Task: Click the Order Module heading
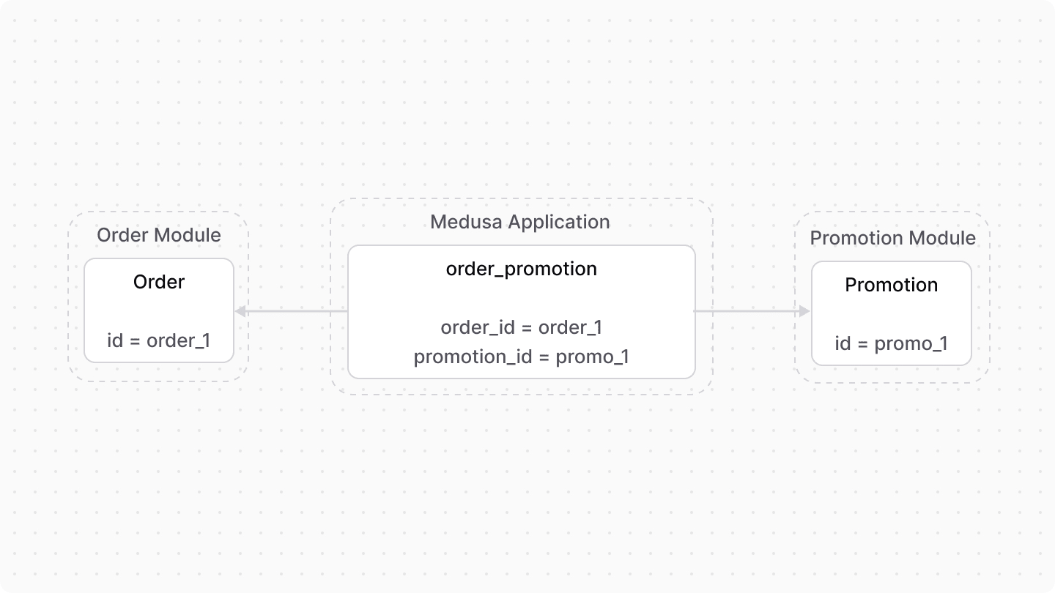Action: (x=159, y=235)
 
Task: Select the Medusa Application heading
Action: (x=520, y=222)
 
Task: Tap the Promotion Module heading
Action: (x=892, y=238)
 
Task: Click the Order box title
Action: (x=159, y=282)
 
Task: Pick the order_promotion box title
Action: (x=522, y=269)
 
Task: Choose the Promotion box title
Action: (x=892, y=285)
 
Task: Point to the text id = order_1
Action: (x=159, y=340)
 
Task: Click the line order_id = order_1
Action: (x=522, y=327)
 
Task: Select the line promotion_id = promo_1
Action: (x=522, y=357)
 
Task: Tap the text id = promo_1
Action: (x=892, y=343)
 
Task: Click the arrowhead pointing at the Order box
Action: (x=240, y=312)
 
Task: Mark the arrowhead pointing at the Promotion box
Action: (x=805, y=311)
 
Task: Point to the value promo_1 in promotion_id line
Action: (x=593, y=357)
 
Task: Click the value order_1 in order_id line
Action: (x=570, y=327)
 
